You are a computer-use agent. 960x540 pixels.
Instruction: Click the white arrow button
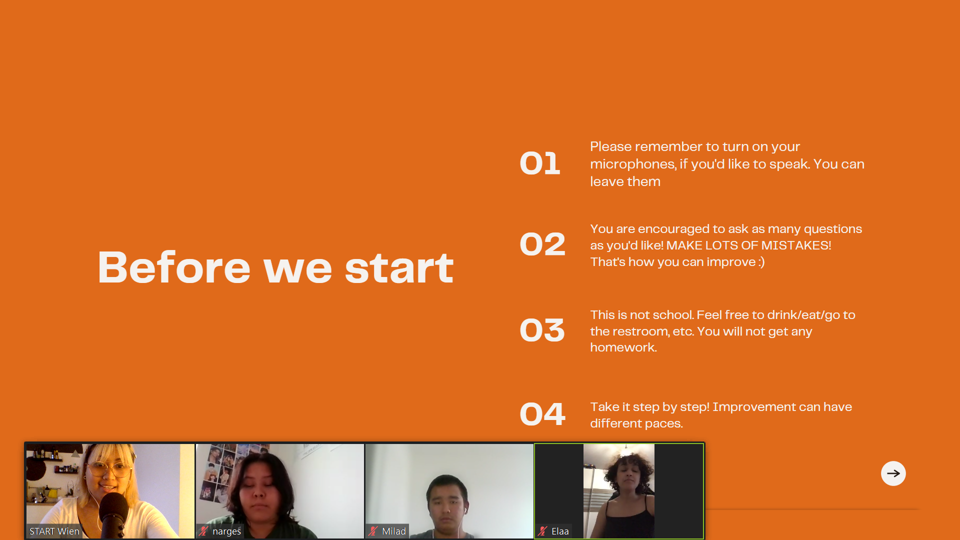893,473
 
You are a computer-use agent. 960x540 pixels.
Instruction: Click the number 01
540,163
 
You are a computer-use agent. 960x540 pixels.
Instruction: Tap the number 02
542,244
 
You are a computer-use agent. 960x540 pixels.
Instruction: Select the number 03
542,330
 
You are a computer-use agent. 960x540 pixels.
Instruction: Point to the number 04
542,414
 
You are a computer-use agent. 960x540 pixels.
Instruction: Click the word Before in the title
174,267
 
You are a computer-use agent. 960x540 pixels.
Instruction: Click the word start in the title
399,268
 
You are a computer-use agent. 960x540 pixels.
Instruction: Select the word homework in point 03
622,347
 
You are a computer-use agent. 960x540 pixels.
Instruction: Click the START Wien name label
54,531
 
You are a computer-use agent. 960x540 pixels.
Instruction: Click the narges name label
226,531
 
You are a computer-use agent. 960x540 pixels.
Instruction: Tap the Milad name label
394,531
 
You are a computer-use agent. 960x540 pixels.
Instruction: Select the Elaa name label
560,531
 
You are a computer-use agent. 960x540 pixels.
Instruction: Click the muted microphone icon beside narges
203,531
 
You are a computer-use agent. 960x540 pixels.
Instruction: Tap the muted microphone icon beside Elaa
542,531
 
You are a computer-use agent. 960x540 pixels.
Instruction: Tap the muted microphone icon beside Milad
373,531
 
